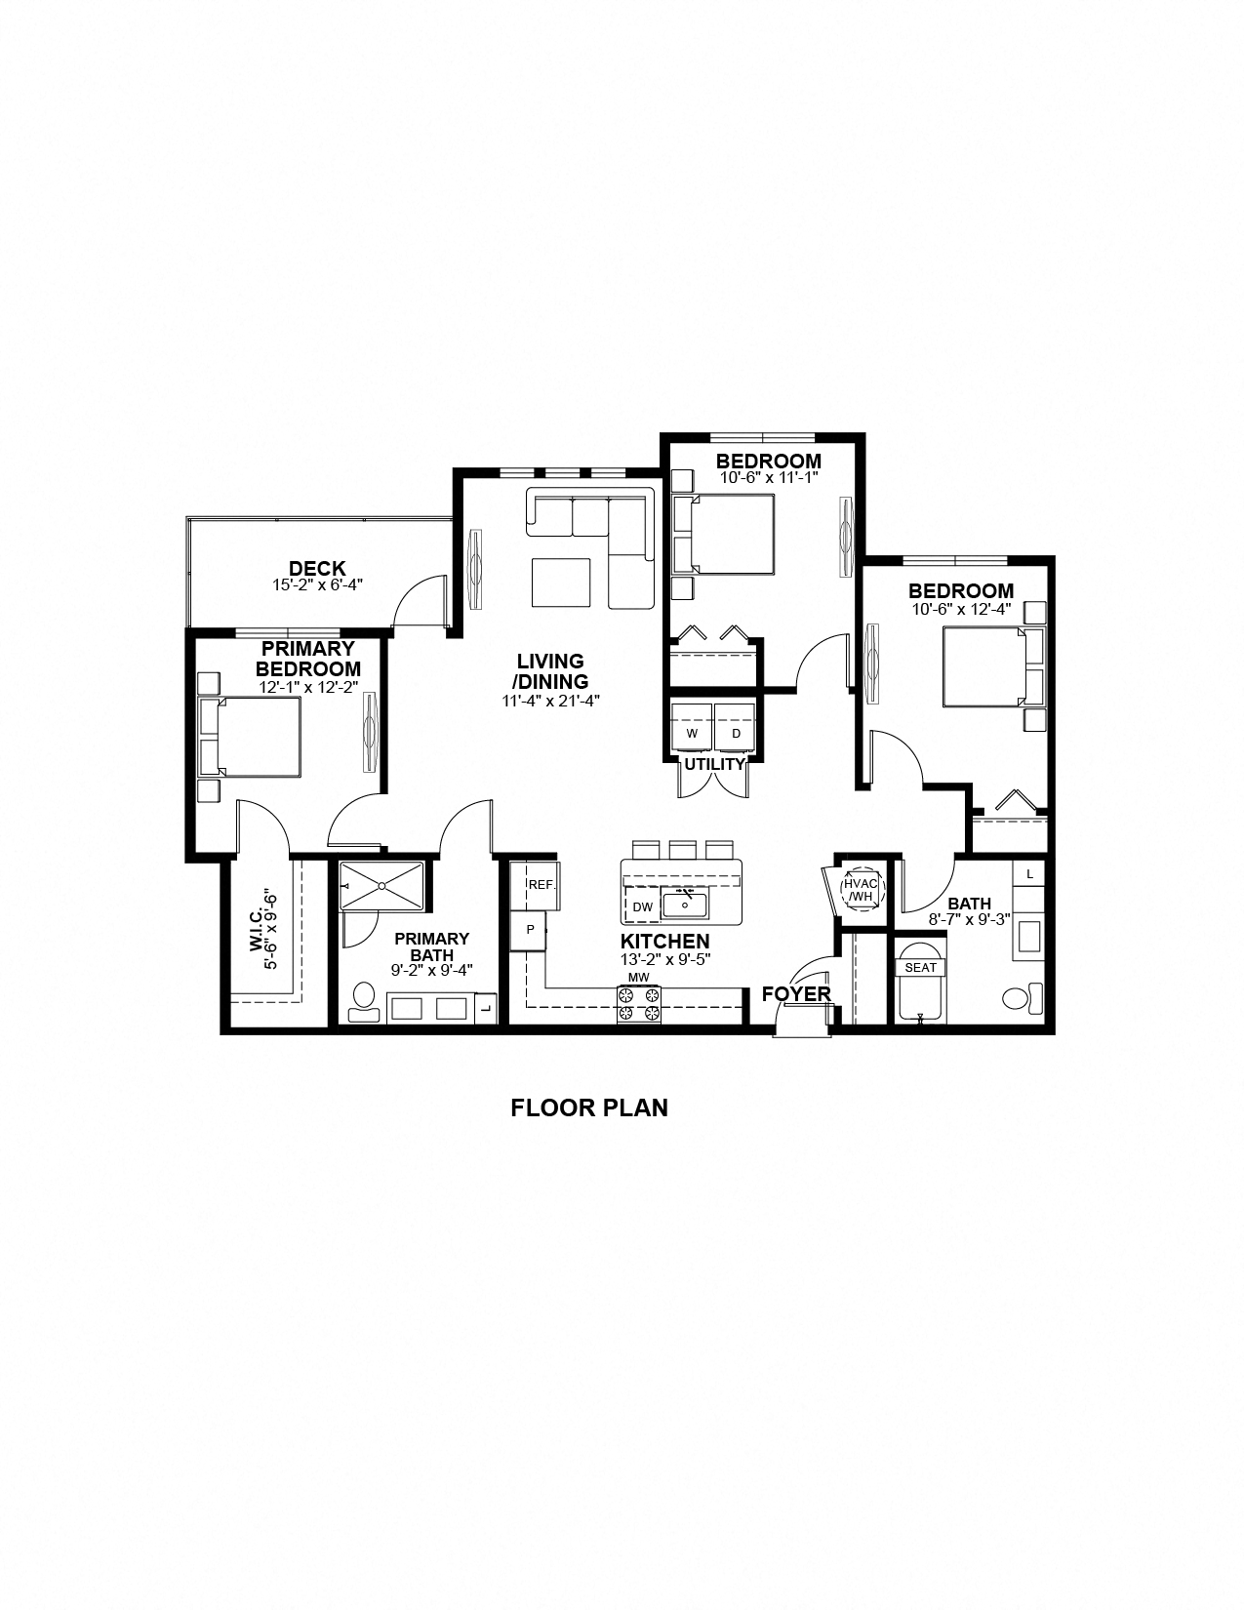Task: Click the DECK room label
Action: click(317, 569)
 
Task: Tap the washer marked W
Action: click(692, 732)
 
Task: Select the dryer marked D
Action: click(736, 732)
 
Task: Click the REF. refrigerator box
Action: click(541, 884)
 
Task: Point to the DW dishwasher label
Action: click(642, 907)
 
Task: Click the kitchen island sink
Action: click(686, 904)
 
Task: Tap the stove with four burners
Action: click(639, 1004)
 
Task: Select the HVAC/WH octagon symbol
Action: click(863, 889)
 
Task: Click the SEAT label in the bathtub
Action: click(920, 968)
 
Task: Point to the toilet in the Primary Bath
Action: click(364, 1000)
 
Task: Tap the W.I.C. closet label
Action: click(262, 941)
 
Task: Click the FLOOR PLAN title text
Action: click(589, 1107)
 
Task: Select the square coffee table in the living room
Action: click(561, 582)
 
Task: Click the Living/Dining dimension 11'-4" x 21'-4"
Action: click(550, 700)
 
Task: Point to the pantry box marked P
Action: click(530, 930)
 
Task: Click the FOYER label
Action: click(796, 994)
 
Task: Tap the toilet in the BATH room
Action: click(1019, 999)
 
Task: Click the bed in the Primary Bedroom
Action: click(257, 736)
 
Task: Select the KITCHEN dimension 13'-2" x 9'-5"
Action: click(664, 958)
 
